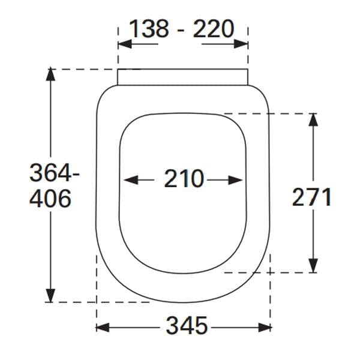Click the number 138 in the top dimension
149,28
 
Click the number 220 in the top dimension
213,28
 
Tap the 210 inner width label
184,179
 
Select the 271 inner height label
312,197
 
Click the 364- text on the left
55,173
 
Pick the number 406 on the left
50,198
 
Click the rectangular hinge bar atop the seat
182,77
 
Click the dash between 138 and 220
181,29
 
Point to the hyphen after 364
75,175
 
